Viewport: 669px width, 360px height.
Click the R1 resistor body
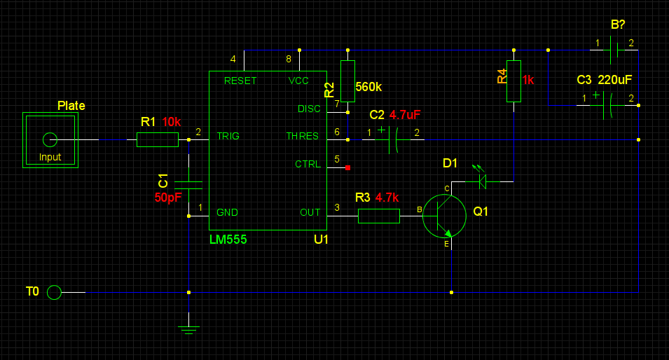tap(158, 139)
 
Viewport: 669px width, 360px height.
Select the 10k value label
tap(172, 122)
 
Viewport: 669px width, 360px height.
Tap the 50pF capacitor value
tap(168, 198)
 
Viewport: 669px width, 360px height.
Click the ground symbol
tap(188, 330)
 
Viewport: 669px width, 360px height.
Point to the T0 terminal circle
tap(54, 292)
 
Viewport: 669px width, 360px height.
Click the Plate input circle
tap(50, 139)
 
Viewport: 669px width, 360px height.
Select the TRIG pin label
tap(228, 136)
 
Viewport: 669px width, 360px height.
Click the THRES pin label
tap(302, 136)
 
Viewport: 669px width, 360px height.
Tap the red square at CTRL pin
tap(347, 167)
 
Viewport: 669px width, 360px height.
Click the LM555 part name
tap(228, 240)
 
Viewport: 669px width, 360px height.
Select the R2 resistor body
tap(347, 81)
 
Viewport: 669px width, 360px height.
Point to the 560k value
tap(368, 87)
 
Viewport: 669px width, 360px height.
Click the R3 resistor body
tap(379, 216)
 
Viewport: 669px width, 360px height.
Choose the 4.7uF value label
tap(405, 115)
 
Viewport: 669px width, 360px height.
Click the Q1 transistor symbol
tap(444, 216)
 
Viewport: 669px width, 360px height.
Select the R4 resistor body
tap(513, 81)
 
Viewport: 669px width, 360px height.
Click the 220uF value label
tap(615, 80)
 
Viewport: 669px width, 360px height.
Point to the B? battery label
tap(618, 25)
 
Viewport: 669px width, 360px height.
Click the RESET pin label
tap(240, 81)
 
